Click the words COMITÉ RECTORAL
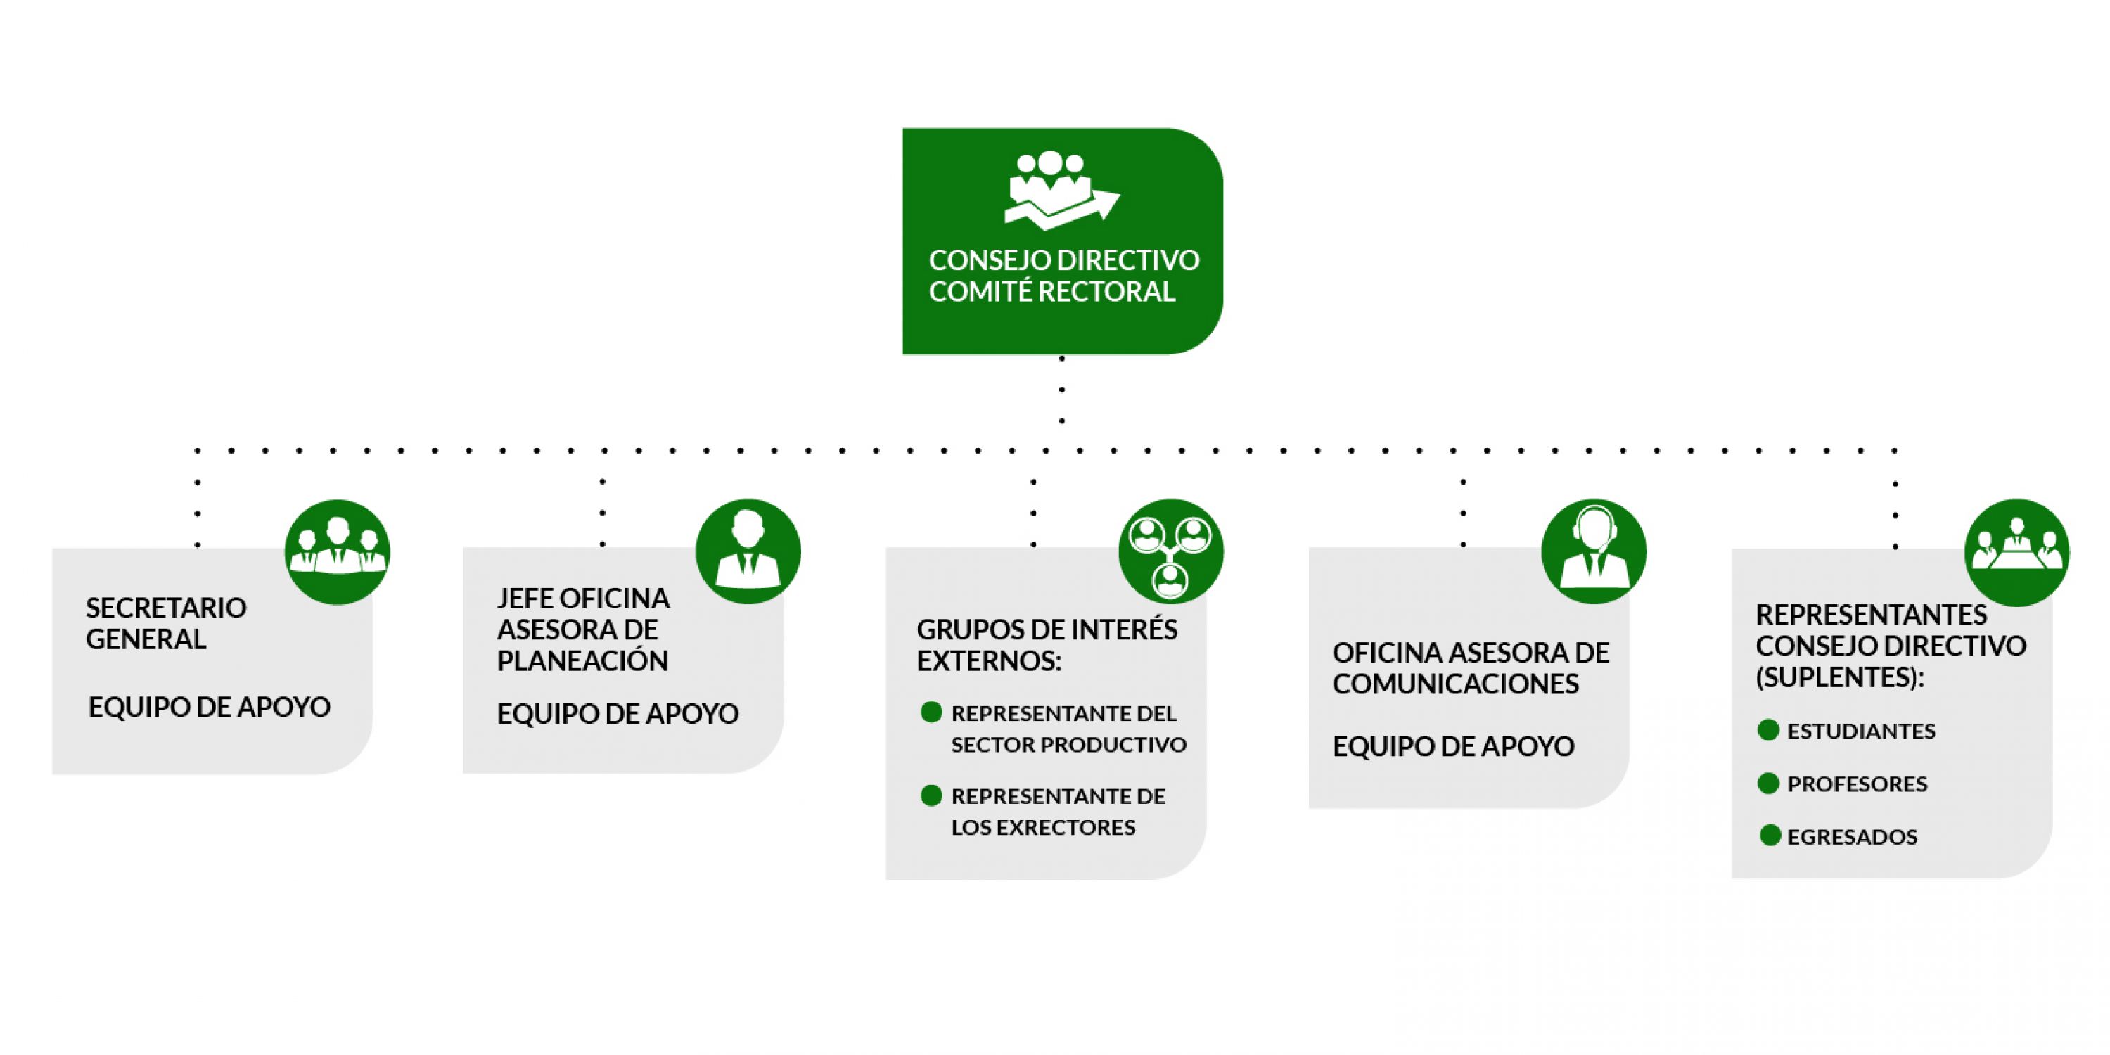pos(1051,292)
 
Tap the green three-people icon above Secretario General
pos(337,551)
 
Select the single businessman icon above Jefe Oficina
pos(747,551)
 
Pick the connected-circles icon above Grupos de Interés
pos(1170,551)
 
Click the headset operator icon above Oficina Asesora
pos(1593,551)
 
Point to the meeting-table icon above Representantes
pos(2016,552)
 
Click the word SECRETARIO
pos(166,608)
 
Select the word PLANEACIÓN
pos(582,661)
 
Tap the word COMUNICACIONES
pos(1455,684)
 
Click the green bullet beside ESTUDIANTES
pos(1768,730)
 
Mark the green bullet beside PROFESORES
pos(1768,783)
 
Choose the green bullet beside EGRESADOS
pos(1770,836)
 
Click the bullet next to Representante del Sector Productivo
pos(931,712)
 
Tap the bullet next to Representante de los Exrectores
pos(931,795)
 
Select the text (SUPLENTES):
pos(1840,678)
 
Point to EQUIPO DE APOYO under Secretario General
pos(209,707)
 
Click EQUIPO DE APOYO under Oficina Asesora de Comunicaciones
pos(1453,746)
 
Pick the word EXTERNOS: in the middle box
pos(989,661)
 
